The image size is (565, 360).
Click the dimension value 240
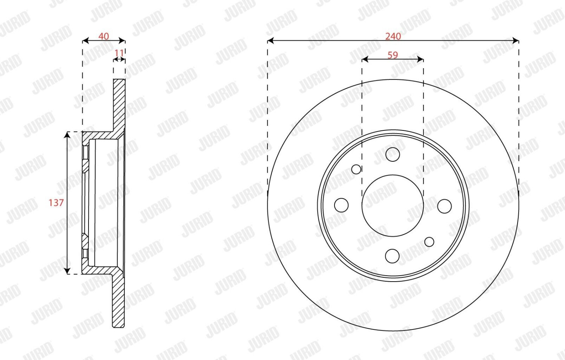[393, 36]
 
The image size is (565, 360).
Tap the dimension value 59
[393, 55]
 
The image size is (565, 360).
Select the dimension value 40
[104, 36]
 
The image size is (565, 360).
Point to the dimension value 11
[119, 53]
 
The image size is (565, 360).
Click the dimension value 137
[56, 203]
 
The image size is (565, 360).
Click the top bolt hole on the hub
[392, 154]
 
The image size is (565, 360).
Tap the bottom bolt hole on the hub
[392, 256]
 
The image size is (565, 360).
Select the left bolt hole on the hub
[341, 205]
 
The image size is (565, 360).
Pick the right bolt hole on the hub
[444, 206]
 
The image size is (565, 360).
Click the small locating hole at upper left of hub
[356, 169]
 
